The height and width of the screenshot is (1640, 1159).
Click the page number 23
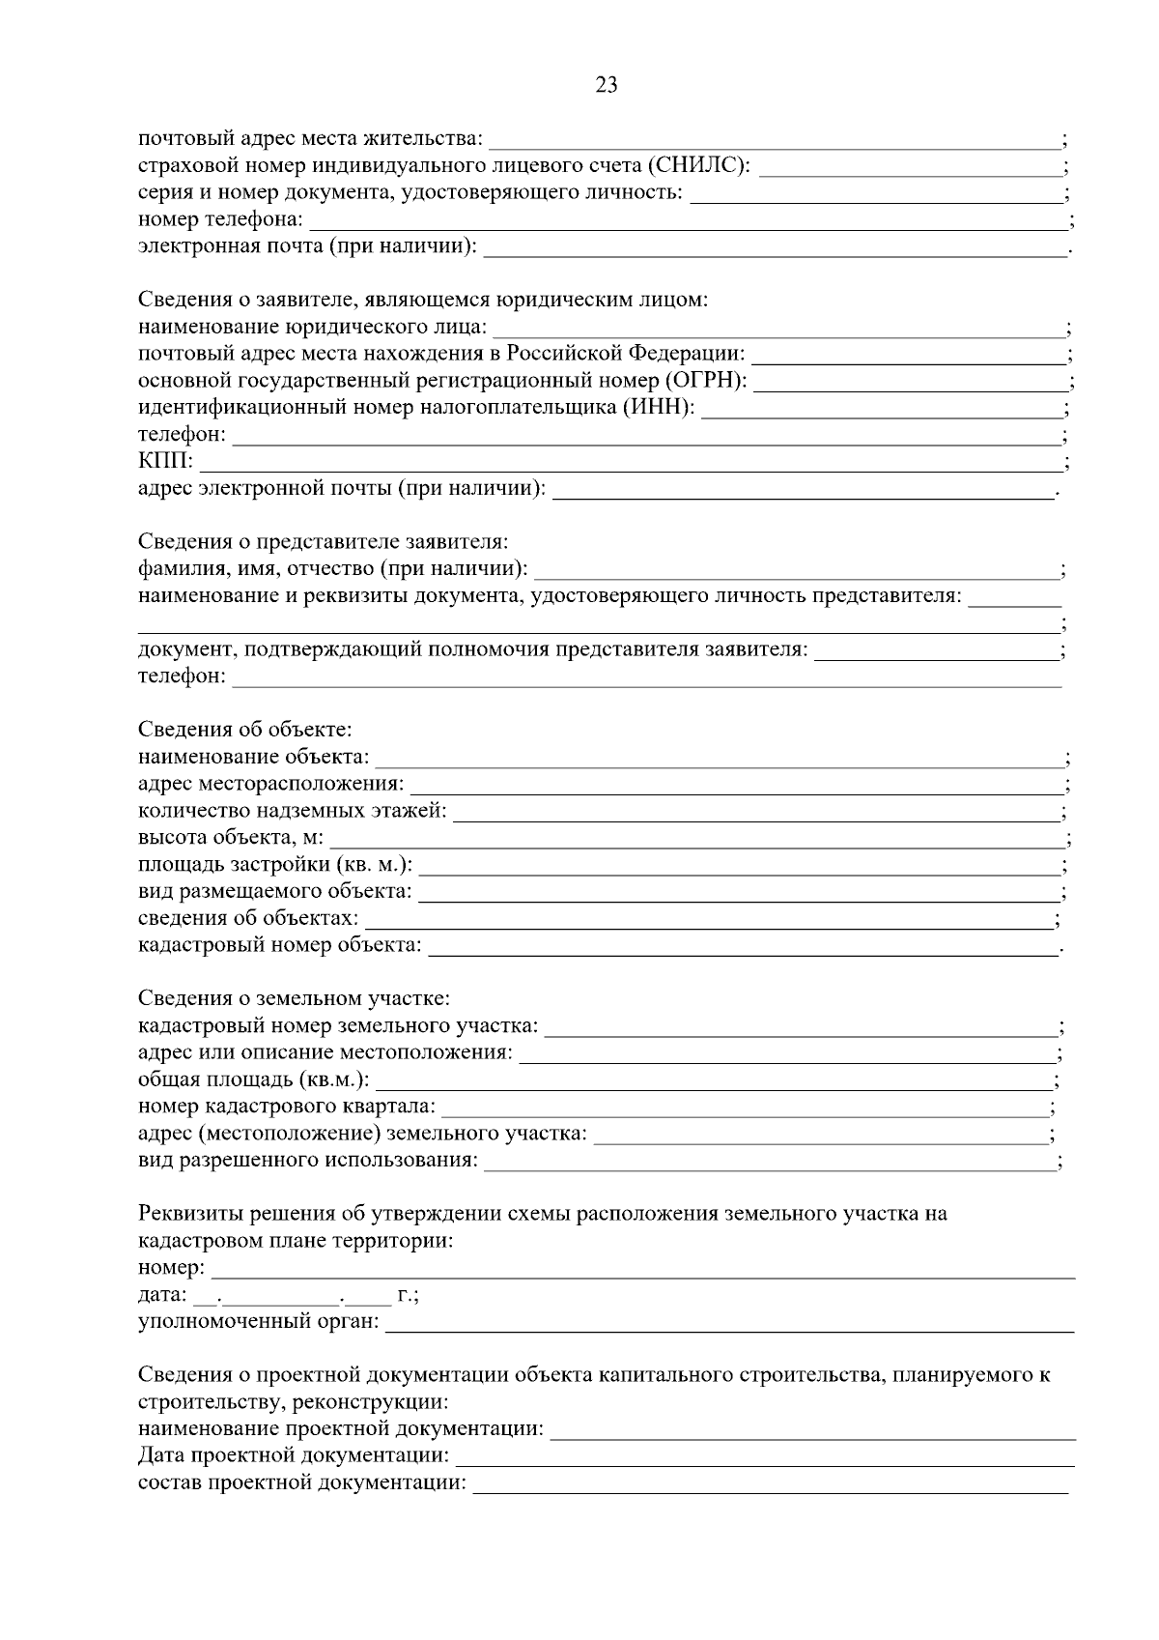[607, 85]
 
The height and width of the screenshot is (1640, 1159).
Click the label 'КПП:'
[165, 461]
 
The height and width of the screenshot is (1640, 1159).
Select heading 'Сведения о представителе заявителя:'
[323, 541]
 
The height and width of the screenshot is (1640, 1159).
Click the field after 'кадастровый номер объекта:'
[743, 947]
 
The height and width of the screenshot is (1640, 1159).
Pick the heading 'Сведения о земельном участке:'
[294, 997]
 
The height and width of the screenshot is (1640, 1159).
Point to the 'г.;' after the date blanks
[407, 1294]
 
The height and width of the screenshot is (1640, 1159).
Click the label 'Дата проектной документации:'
[293, 1455]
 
